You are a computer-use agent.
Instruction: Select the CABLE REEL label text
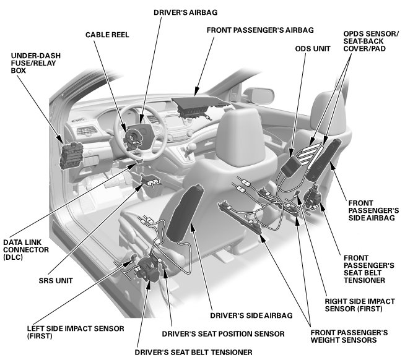click(x=107, y=35)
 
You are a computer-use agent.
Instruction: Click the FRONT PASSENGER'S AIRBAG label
click(x=259, y=29)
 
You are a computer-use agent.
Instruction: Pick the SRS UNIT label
click(x=56, y=280)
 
